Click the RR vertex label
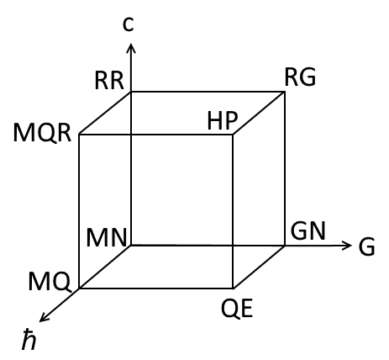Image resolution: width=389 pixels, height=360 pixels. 109,81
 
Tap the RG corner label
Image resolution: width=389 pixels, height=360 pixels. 300,77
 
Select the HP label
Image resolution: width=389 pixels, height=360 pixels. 223,121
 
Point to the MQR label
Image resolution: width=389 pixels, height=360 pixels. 42,133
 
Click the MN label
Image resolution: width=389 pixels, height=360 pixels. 107,238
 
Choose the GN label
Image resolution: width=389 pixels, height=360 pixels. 308,231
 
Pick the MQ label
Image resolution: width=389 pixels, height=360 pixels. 50,282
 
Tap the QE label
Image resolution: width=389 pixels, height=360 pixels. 237,309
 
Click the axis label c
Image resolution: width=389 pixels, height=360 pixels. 129,24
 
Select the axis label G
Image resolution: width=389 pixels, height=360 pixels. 366,246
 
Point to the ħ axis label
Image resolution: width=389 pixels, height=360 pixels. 29,340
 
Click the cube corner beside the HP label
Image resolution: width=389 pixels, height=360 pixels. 233,135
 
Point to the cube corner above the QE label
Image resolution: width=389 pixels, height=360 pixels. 233,288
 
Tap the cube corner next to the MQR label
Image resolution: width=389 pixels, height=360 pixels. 79,135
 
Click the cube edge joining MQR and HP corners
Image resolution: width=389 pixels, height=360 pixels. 156,135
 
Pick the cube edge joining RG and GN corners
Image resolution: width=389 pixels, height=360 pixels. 285,168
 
